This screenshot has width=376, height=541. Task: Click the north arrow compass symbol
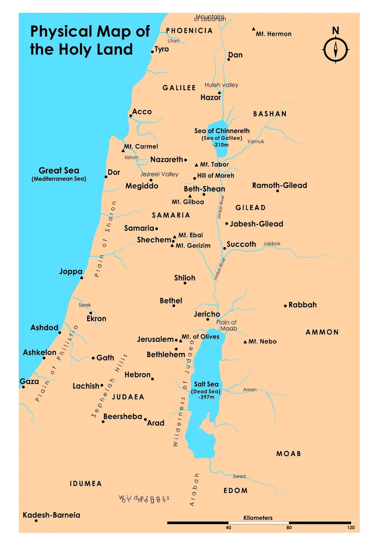pyautogui.click(x=335, y=50)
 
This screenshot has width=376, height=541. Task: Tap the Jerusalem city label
pyautogui.click(x=155, y=339)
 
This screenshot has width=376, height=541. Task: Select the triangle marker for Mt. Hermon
pyautogui.click(x=253, y=29)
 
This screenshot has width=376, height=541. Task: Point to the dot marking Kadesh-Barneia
pyautogui.click(x=36, y=521)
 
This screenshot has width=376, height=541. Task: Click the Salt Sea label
pyautogui.click(x=206, y=384)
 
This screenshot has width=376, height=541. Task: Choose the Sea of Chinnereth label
pyautogui.click(x=222, y=131)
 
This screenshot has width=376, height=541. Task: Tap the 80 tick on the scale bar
pyautogui.click(x=289, y=527)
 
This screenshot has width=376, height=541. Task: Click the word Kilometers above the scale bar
pyautogui.click(x=258, y=518)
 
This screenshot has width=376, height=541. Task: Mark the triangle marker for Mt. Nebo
pyautogui.click(x=245, y=342)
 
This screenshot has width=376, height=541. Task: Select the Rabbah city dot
pyautogui.click(x=285, y=306)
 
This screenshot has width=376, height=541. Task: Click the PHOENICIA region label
pyautogui.click(x=189, y=31)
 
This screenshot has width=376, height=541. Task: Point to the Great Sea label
pyautogui.click(x=59, y=171)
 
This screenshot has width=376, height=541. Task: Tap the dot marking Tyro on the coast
pyautogui.click(x=152, y=52)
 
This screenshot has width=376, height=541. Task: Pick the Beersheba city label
pyautogui.click(x=123, y=416)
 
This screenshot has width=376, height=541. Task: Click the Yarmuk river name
pyautogui.click(x=256, y=142)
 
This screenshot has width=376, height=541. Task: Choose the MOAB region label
pyautogui.click(x=288, y=454)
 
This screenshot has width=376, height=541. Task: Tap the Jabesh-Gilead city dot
pyautogui.click(x=226, y=224)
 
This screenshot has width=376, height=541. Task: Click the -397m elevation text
pyautogui.click(x=206, y=397)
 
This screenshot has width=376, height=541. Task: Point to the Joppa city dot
pyautogui.click(x=82, y=278)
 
